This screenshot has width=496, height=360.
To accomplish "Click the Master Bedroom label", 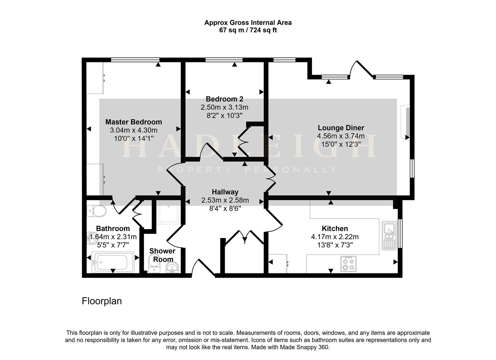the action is tap(133, 122).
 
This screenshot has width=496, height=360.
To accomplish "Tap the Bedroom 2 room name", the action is tap(224, 99).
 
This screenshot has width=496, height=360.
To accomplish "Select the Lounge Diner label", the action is tap(341, 128).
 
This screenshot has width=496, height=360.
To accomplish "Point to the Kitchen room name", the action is tap(335, 228).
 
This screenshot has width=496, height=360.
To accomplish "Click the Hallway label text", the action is tap(225, 192).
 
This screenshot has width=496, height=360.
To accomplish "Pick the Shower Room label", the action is tap(162, 255).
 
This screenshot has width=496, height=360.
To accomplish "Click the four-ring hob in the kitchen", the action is tap(348, 264).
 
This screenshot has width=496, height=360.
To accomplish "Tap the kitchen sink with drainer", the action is tap(389, 235).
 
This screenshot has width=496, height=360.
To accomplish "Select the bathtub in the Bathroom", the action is tap(113, 262).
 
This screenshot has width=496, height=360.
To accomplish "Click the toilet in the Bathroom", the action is tap(96, 211).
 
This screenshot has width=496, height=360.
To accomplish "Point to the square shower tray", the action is tap(168, 212).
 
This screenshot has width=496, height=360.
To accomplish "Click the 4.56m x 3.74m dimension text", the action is tap(341, 136).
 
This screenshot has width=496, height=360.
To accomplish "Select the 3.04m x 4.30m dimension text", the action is tap(133, 130).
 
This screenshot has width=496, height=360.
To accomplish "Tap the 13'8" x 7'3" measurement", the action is tap(335, 245).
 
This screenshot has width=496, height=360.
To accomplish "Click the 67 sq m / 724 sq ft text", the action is tap(248, 30).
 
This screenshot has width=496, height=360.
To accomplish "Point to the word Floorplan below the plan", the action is tap(102, 301).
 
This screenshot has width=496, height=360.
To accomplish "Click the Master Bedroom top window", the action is tap(135, 60).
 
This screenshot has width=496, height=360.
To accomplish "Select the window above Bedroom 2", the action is tap(224, 60).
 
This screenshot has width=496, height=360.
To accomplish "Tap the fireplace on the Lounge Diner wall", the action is tap(405, 122).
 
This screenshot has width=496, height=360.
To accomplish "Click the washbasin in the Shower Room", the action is tap(172, 268).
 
